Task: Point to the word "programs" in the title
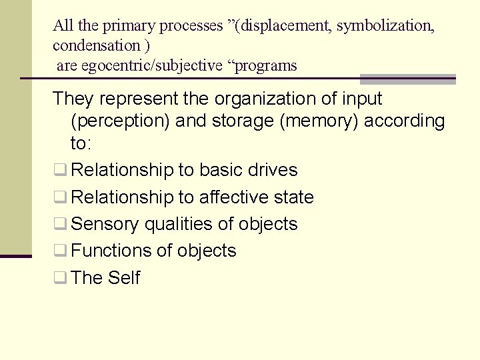click(264, 66)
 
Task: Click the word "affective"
click(237, 197)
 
